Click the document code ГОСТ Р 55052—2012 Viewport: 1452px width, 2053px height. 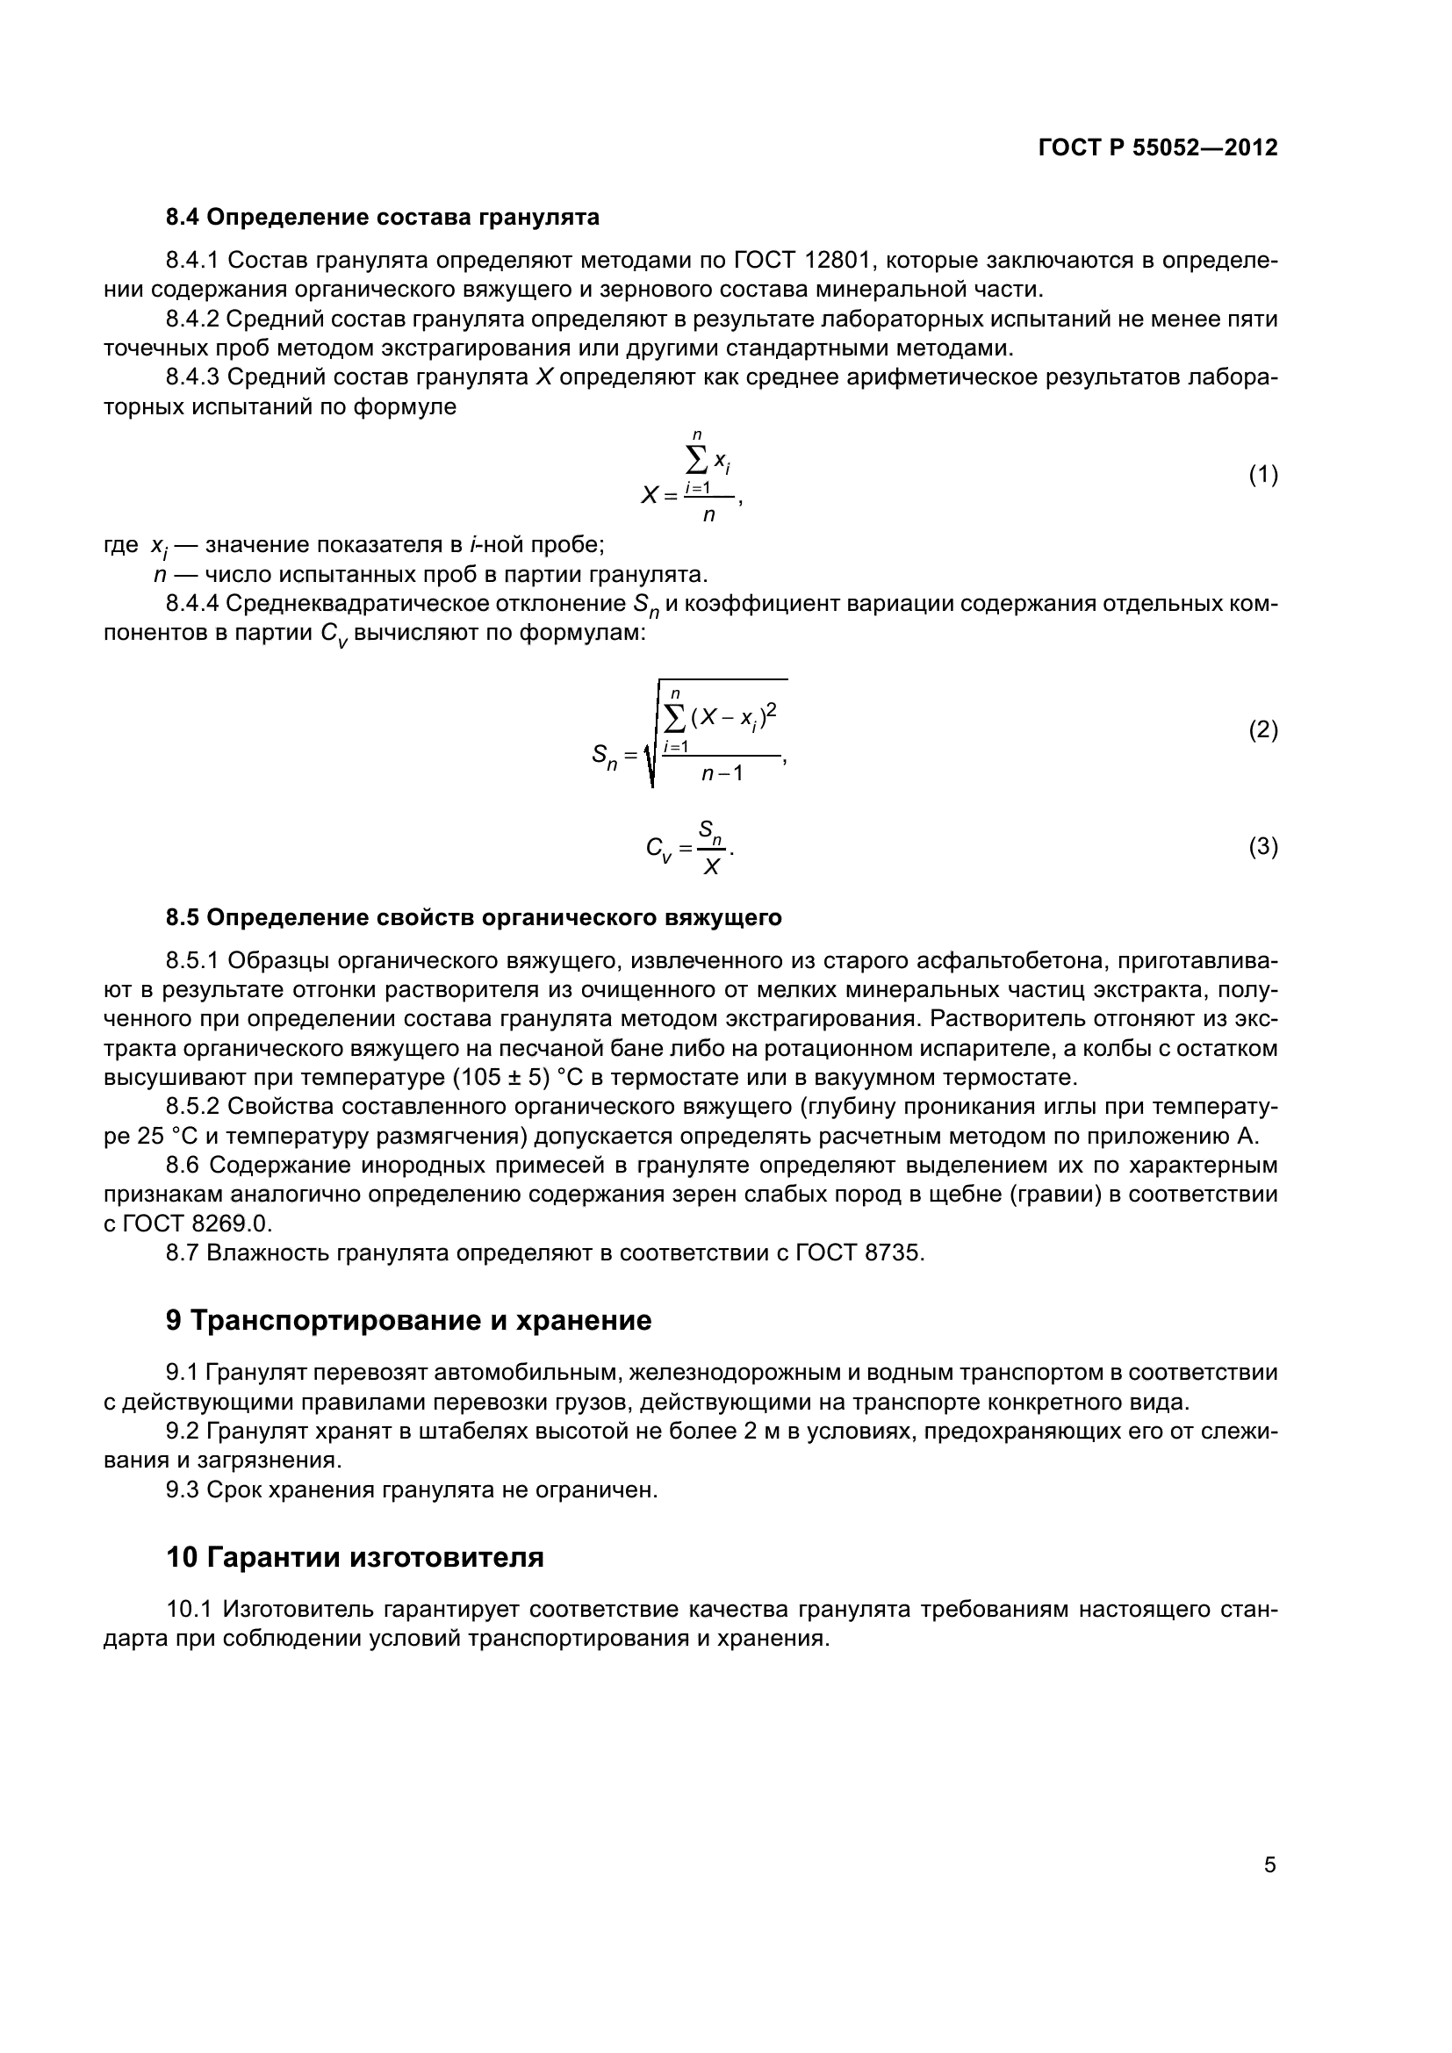tap(1158, 148)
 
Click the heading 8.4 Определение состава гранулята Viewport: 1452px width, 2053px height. tap(382, 218)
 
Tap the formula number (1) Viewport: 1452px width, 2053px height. tap(1262, 475)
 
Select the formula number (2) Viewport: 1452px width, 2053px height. tap(1262, 730)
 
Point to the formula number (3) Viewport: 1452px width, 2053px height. tap(1262, 846)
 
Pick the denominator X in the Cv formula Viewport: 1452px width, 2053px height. tap(711, 866)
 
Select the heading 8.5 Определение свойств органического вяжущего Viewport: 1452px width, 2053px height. tap(473, 917)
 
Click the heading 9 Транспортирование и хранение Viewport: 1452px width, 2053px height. tap(408, 1321)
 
